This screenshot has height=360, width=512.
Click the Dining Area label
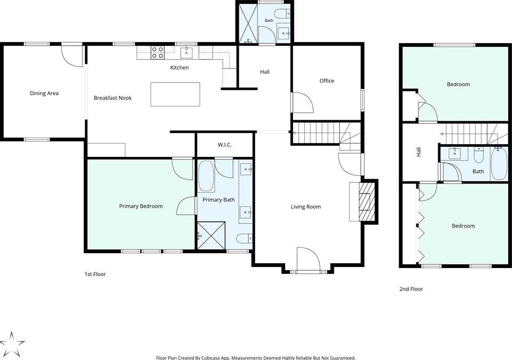coord(44,94)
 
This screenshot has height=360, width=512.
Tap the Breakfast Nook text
coord(113,98)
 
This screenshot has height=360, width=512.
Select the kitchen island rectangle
coord(175,95)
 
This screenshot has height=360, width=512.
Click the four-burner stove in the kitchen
coord(157,53)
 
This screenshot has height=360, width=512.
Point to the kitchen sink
coord(187,53)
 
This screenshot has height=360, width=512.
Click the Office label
coord(327,81)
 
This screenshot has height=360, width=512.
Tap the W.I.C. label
coord(225,145)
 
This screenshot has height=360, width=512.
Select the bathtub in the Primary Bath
coord(206,176)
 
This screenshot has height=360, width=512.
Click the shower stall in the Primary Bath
coord(211,236)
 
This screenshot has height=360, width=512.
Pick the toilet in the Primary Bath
coord(244,238)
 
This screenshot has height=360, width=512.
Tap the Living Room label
coord(306,207)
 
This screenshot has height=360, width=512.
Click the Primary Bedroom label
coord(141,206)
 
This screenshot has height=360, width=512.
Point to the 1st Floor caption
coord(95,274)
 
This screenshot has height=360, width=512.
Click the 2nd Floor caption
coord(411,289)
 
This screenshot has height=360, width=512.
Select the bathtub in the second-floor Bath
coord(499,164)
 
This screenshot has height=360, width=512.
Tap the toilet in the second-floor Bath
coord(479,155)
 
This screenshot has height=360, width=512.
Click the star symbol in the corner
coord(12,344)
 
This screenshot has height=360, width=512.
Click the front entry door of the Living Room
coord(308,259)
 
